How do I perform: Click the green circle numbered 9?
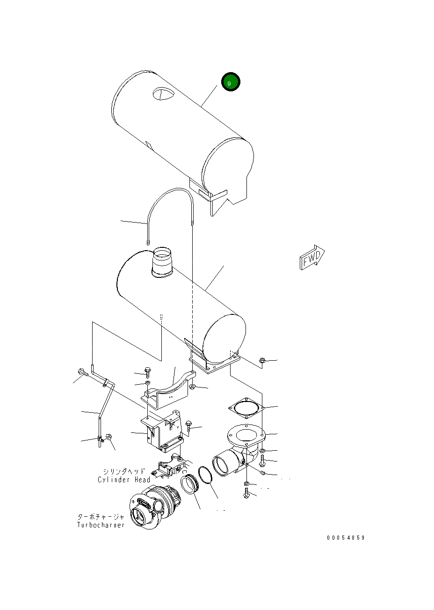click(x=231, y=82)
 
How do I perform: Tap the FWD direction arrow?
click(x=312, y=257)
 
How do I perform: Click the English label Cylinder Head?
click(x=124, y=480)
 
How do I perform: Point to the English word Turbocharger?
click(x=101, y=525)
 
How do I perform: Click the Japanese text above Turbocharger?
click(x=101, y=517)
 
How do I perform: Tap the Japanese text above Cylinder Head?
click(x=124, y=471)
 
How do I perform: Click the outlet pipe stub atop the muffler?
click(x=162, y=262)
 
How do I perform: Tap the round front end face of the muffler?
click(x=224, y=338)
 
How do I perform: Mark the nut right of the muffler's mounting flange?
click(x=262, y=361)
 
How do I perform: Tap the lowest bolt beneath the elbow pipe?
click(x=246, y=492)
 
